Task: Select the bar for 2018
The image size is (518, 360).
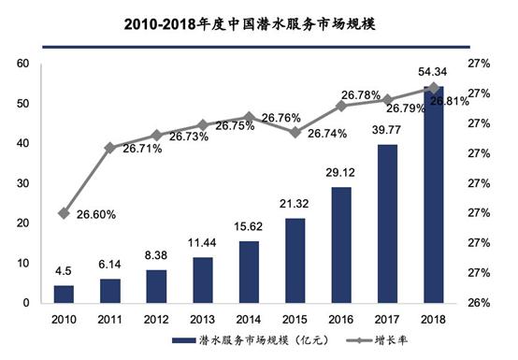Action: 434,195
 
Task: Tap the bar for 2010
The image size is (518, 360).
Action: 64,294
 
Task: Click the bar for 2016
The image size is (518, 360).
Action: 341,245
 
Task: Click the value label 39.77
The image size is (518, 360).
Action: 387,131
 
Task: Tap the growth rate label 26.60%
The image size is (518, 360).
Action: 94,214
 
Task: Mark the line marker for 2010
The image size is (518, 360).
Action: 64,213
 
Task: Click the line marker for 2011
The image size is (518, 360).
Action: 109,148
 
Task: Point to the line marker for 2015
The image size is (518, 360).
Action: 295,132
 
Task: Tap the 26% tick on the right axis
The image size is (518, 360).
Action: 481,303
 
